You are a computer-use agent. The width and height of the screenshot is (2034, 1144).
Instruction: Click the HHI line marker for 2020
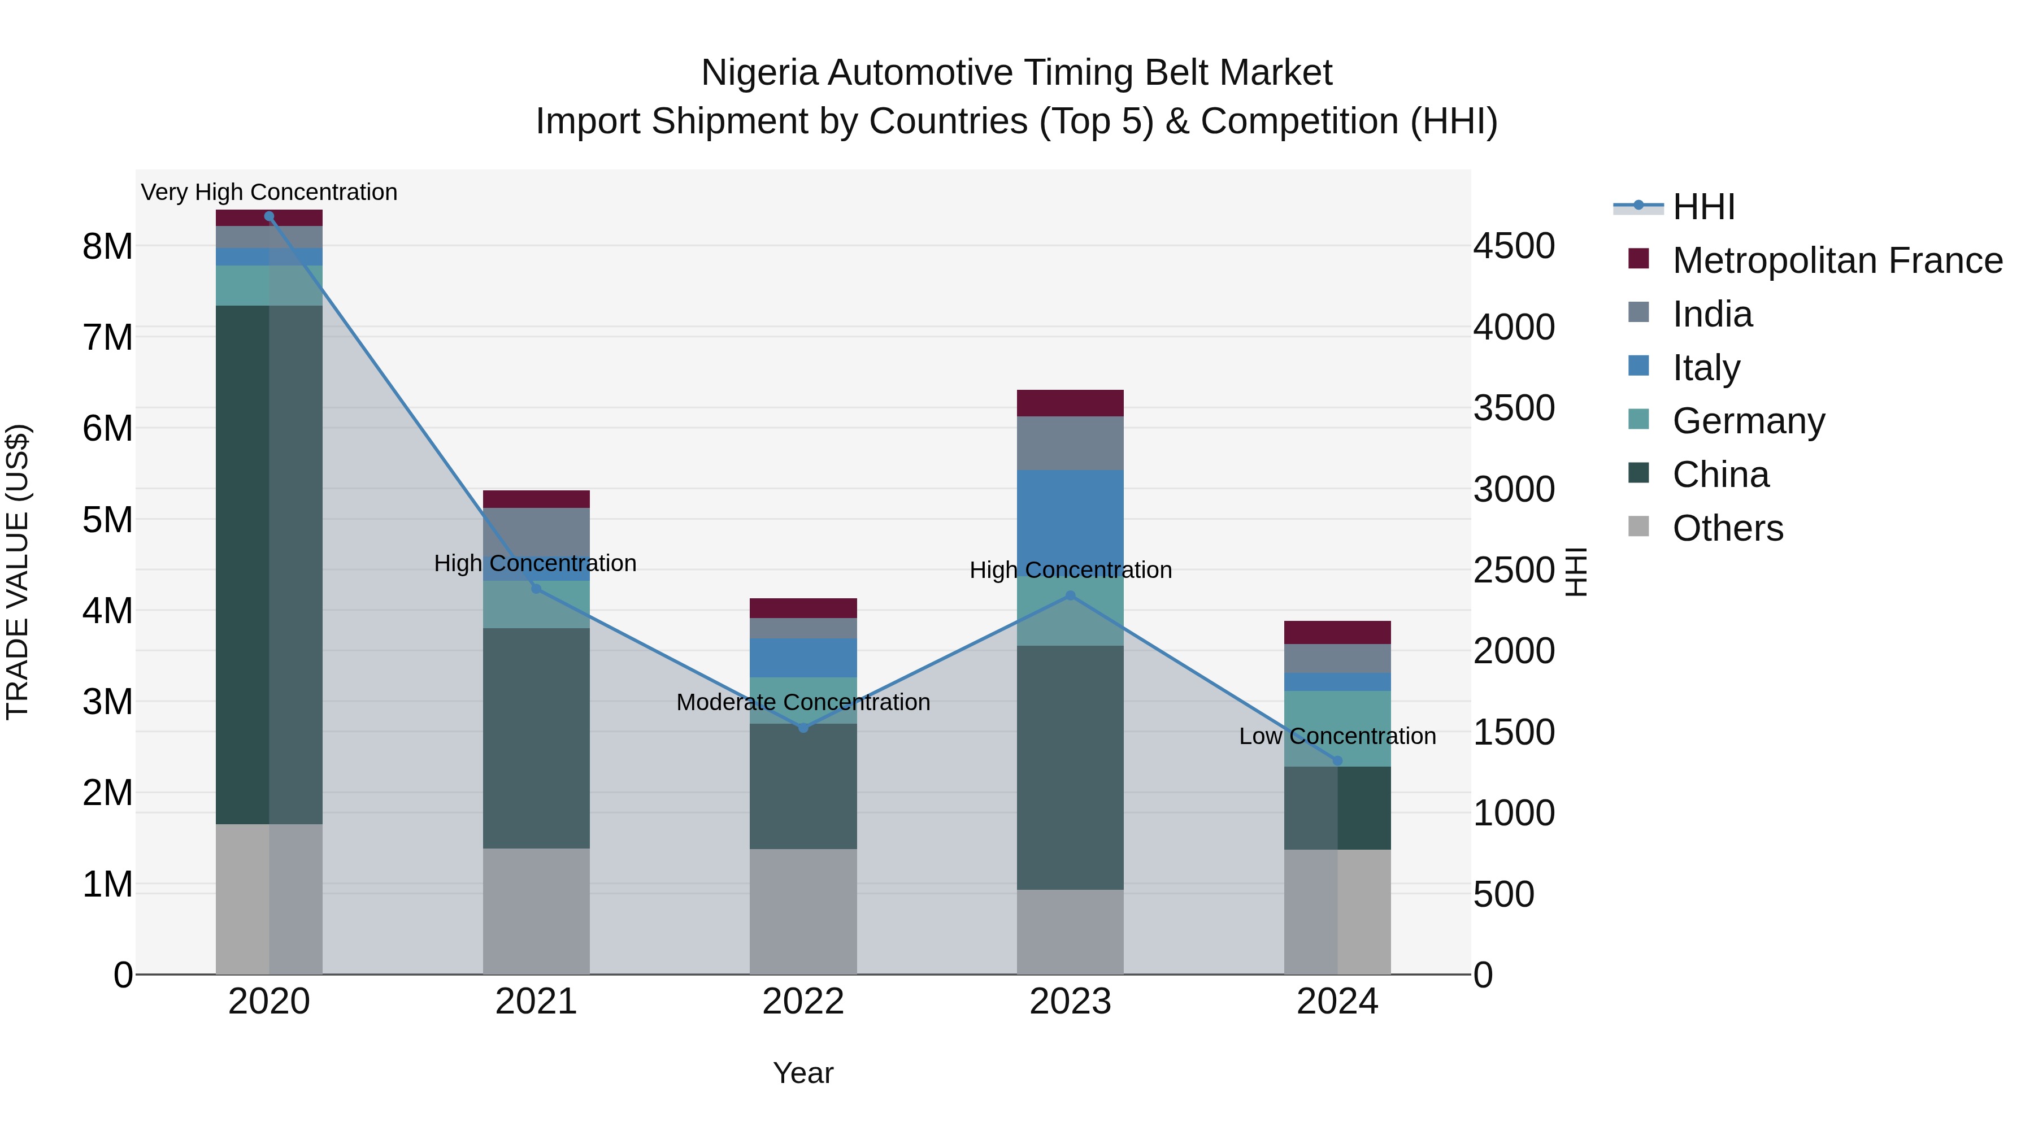coord(270,216)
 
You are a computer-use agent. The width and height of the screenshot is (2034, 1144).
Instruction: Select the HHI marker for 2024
coord(1337,761)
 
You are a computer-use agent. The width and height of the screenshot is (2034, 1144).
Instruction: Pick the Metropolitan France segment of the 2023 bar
coord(1070,403)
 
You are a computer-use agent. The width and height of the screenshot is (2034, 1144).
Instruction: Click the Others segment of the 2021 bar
coord(536,911)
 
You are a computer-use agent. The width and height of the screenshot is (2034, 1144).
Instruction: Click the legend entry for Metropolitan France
coord(1837,260)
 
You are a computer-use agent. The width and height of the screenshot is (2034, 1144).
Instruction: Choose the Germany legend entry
coord(1748,421)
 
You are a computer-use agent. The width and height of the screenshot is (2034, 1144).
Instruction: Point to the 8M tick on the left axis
coord(107,247)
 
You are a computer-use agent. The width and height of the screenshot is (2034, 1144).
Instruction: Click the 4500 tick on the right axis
coord(1514,246)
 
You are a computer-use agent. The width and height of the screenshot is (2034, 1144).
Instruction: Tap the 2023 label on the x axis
coord(1070,1002)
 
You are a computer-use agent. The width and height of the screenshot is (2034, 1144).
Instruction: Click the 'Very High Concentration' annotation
coord(270,192)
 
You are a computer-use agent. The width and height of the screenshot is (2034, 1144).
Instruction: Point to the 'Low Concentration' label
coord(1337,736)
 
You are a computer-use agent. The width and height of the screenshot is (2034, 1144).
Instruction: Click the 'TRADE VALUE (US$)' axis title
coord(18,572)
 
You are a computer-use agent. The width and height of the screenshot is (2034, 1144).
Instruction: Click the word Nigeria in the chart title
coord(759,73)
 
